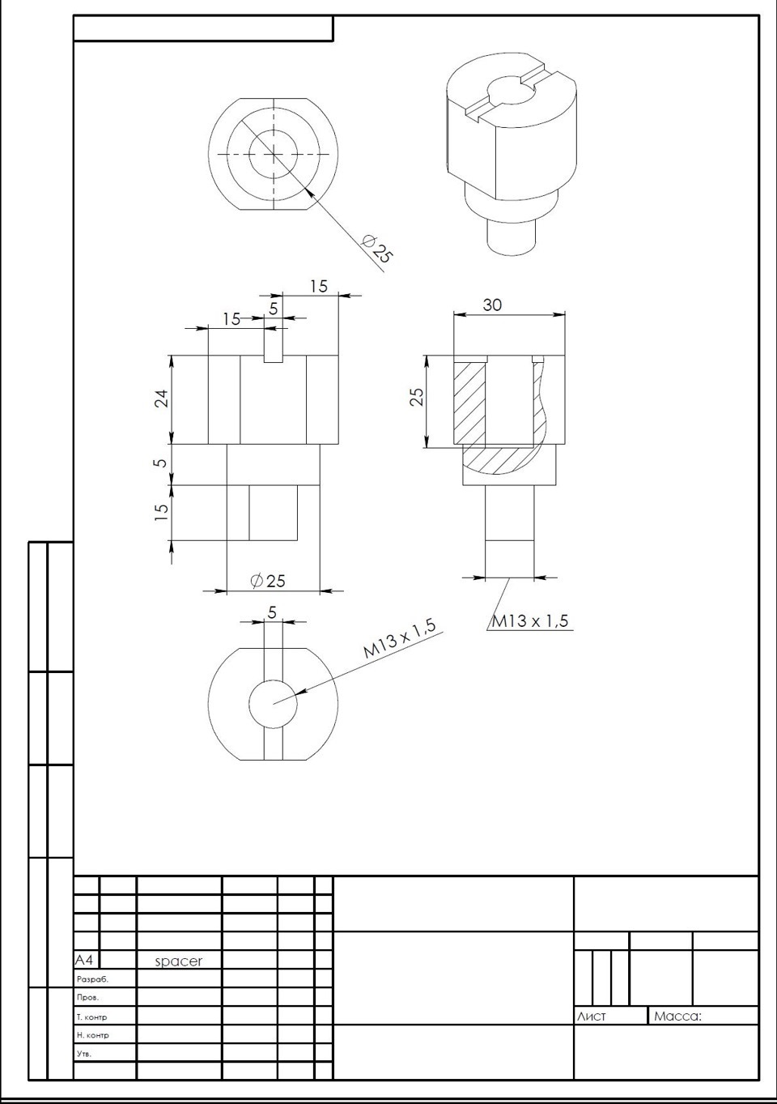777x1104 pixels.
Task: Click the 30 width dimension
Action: pyautogui.click(x=492, y=305)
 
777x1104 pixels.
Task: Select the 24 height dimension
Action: pyautogui.click(x=162, y=399)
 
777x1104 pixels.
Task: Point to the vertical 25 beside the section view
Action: pyautogui.click(x=417, y=397)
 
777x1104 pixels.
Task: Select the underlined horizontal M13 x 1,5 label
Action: pyautogui.click(x=530, y=621)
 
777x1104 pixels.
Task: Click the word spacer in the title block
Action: pyautogui.click(x=179, y=961)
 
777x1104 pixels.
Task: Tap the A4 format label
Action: pyautogui.click(x=83, y=960)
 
